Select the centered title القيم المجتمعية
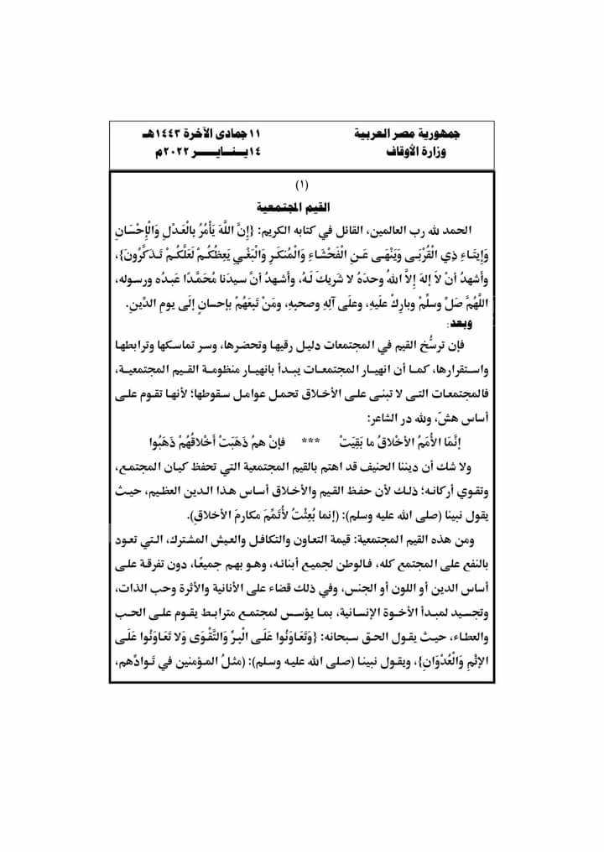coord(302,204)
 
